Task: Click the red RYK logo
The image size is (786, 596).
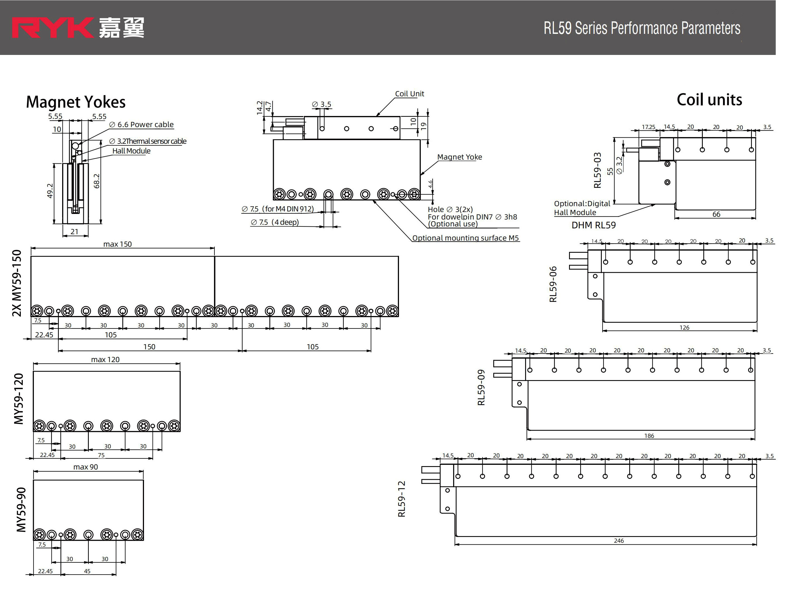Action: [x=53, y=28]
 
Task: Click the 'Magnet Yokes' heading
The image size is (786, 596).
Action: [x=76, y=102]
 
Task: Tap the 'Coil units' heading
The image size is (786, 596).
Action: [x=709, y=100]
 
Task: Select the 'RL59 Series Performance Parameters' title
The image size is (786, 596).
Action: [x=642, y=28]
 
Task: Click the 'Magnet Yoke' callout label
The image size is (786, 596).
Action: [x=459, y=157]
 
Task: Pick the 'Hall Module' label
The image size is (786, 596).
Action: [x=132, y=151]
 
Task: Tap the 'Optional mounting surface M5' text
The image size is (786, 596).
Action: [x=466, y=238]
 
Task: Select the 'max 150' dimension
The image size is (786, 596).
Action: [x=117, y=244]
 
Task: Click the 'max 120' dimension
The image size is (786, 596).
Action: [x=105, y=360]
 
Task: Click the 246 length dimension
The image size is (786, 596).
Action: [x=619, y=541]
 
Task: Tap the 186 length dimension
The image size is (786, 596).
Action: [x=649, y=436]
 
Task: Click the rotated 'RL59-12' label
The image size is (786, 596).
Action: [x=401, y=499]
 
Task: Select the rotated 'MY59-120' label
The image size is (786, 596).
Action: [x=19, y=399]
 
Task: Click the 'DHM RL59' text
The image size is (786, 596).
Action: [x=593, y=225]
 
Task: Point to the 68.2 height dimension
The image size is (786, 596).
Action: [x=97, y=181]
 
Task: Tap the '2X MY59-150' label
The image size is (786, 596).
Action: [x=17, y=283]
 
